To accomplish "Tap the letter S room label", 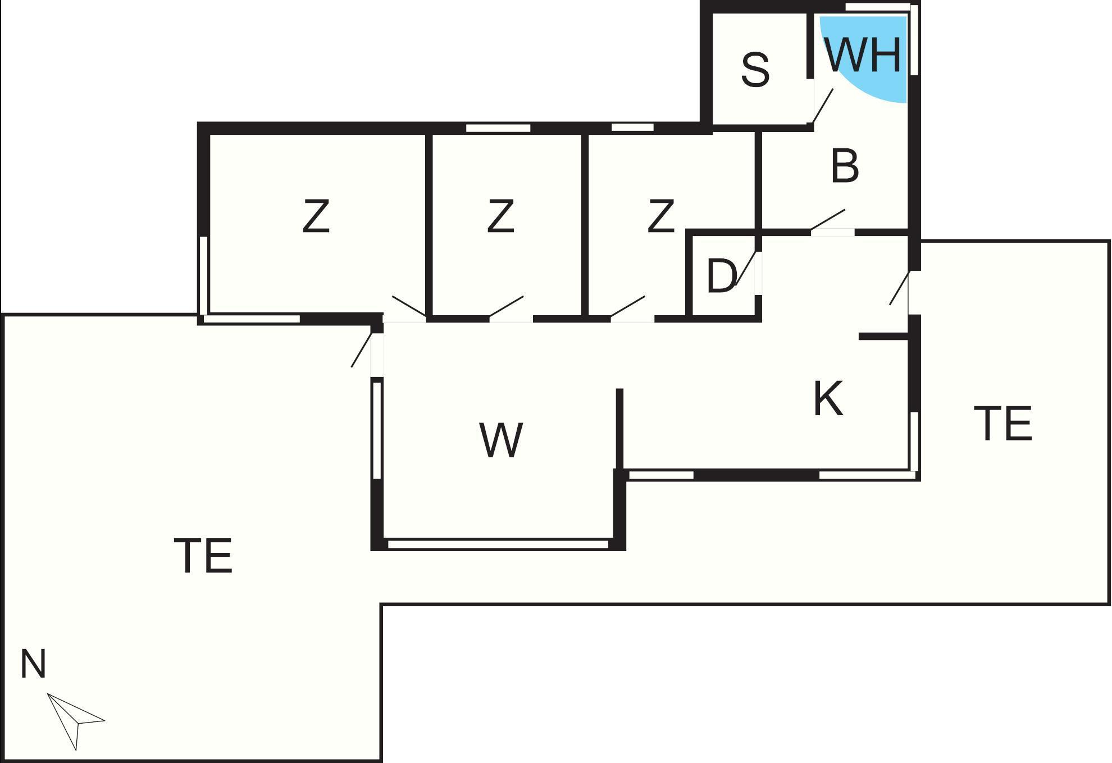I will click(x=755, y=70).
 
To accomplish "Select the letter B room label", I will click(x=845, y=166).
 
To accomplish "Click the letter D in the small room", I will click(x=721, y=276).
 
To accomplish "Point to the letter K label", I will click(x=828, y=399).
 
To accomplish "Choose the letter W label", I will click(x=502, y=440).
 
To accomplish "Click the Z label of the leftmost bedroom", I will click(x=316, y=216).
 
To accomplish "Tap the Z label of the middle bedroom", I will click(x=500, y=216).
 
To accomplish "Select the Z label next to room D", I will click(x=660, y=216).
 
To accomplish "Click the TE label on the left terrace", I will click(x=203, y=556).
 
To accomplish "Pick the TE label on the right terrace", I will click(x=1003, y=423).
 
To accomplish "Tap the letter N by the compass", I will click(x=33, y=664).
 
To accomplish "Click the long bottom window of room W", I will click(x=498, y=544).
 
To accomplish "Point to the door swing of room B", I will click(x=828, y=220).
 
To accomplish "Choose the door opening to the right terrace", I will click(x=899, y=288).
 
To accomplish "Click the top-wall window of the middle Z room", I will click(x=498, y=128).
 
